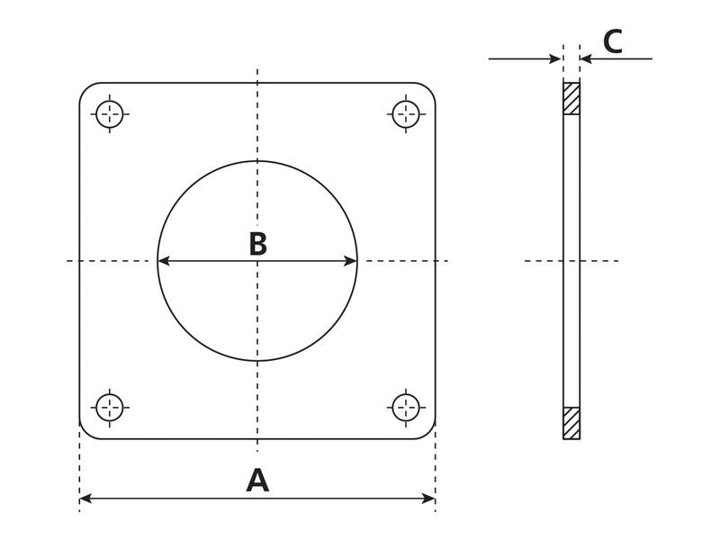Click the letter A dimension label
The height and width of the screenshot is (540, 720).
(257, 481)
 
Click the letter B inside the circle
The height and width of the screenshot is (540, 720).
(257, 244)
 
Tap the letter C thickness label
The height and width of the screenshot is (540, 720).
(612, 42)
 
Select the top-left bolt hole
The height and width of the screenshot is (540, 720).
(110, 113)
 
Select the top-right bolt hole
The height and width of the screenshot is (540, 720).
(406, 113)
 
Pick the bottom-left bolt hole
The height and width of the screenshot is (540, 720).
(110, 407)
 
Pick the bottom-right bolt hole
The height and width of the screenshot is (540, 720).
(406, 407)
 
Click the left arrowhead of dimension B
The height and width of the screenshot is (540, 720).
(163, 262)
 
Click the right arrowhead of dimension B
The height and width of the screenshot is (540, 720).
(352, 262)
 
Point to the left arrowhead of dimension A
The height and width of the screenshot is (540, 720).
(85, 498)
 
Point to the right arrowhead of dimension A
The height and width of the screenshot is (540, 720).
(430, 498)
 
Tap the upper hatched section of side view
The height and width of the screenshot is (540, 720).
(571, 99)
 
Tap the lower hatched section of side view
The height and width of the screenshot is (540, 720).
(571, 423)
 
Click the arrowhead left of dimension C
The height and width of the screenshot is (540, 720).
(557, 59)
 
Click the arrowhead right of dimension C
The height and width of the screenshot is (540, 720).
(586, 59)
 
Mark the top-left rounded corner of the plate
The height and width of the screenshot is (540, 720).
(85, 89)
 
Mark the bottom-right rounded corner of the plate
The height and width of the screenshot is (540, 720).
(430, 433)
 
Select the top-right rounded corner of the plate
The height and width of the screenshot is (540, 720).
(430, 89)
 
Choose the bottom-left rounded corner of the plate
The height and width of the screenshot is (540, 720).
(85, 433)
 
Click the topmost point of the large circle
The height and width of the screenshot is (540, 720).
(257, 161)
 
